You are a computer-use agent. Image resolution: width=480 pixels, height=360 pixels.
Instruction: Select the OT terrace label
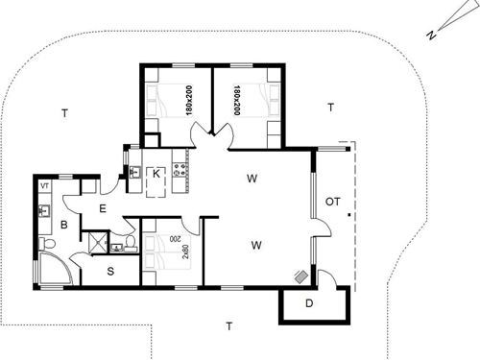pos(332,203)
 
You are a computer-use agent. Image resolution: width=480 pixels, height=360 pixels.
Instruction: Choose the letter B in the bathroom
pos(64,227)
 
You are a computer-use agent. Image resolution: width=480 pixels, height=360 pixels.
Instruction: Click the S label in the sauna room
pos(110,272)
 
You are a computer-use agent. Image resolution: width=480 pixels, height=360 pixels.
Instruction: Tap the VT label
pos(45,184)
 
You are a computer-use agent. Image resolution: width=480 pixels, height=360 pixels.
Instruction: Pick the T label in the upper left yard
pos(64,114)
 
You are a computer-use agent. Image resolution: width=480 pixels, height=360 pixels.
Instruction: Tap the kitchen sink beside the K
pos(134,173)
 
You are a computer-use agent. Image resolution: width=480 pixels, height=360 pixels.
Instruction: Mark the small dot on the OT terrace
pos(349,216)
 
